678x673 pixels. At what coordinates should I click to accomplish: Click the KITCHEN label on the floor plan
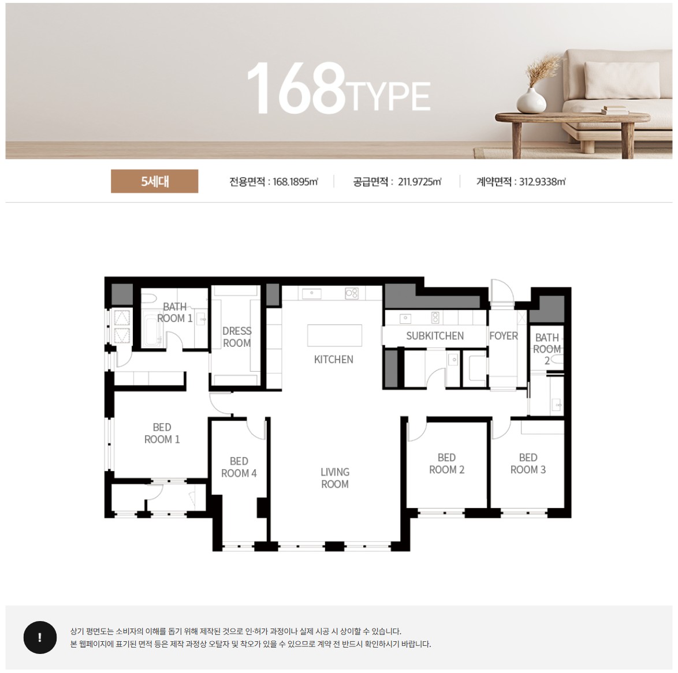pos(333,359)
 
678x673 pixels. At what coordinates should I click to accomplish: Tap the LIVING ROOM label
pos(335,478)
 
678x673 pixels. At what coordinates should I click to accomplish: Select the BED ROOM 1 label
pos(162,433)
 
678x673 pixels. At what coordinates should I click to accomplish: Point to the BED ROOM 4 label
pos(239,468)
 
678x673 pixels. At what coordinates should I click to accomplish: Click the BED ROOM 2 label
pos(446,463)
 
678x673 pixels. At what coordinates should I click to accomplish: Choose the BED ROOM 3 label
pos(528,463)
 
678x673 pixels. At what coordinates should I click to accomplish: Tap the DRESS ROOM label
pos(237,336)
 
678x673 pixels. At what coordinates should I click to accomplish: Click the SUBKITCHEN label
pos(435,336)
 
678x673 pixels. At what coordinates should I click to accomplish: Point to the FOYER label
pos(504,336)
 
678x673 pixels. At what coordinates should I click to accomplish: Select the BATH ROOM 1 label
pos(174,312)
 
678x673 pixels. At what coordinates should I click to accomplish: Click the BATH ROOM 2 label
pos(547,349)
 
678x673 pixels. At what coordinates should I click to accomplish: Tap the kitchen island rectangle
pos(334,335)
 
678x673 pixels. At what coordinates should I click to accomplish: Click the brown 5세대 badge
pos(154,181)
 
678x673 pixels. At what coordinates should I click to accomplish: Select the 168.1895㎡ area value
pos(295,182)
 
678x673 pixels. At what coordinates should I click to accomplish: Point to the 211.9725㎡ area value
pos(419,182)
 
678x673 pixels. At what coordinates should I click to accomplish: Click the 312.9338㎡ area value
pos(542,182)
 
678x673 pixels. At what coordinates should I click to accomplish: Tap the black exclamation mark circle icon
pos(40,638)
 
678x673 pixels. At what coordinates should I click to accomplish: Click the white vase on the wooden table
pos(531,100)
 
